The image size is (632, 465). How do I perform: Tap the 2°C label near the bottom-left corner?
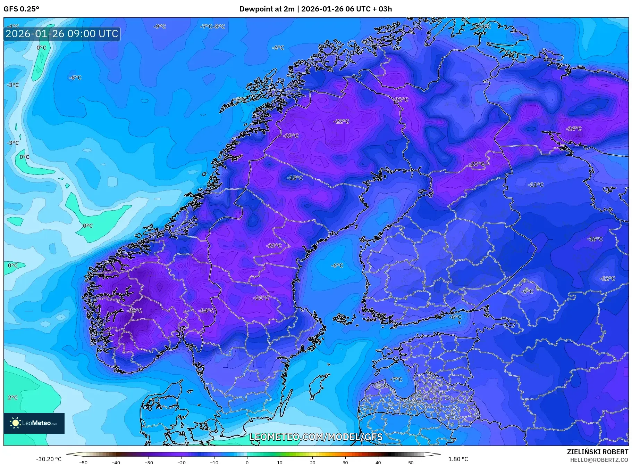(x=12, y=397)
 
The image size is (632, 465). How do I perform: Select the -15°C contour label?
(x=295, y=178)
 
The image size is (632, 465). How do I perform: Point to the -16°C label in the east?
(x=595, y=239)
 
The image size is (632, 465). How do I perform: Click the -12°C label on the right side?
(x=607, y=278)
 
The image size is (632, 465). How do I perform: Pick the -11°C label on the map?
(x=536, y=185)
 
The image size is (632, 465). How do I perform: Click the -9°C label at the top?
(x=160, y=26)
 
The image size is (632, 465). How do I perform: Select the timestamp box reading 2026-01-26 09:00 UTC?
(x=62, y=34)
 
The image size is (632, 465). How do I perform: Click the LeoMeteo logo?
(x=34, y=423)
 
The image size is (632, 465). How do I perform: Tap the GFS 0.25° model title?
(x=22, y=9)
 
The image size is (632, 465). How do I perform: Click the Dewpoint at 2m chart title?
(x=315, y=9)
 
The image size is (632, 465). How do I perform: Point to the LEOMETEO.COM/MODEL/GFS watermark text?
(x=316, y=437)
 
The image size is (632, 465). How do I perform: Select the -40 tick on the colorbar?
(x=116, y=462)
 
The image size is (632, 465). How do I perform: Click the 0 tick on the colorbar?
(x=247, y=462)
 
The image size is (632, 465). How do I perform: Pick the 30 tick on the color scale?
(x=345, y=462)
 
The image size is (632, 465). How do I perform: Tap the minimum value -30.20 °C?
(x=49, y=459)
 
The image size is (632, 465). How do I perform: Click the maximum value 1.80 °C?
(x=458, y=459)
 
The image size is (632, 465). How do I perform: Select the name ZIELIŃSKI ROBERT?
(x=597, y=452)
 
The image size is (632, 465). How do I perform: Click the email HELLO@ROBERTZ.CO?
(x=599, y=460)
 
